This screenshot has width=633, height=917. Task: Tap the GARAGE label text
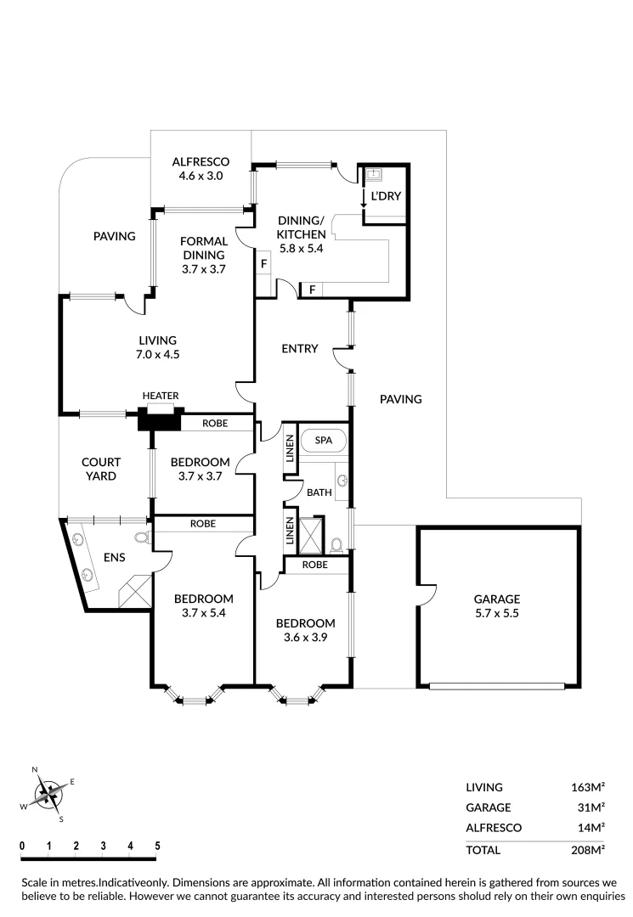[x=497, y=598]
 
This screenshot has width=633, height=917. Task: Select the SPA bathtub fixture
[x=324, y=442]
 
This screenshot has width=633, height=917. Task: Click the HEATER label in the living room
[x=160, y=396]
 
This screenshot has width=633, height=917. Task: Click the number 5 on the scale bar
[x=157, y=847]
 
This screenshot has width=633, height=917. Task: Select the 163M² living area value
[x=587, y=787]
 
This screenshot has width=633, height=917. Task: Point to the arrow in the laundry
[x=364, y=199]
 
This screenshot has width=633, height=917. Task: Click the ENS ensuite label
[x=115, y=557]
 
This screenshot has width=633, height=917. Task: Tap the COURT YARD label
[x=101, y=469]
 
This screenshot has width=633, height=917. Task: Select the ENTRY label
[x=299, y=348]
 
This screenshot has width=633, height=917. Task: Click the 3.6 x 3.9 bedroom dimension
[x=304, y=636]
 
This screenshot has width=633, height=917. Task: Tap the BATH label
[x=319, y=492]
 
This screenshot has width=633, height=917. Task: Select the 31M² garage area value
[x=591, y=807]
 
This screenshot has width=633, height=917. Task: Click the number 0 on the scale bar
[x=22, y=847]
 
